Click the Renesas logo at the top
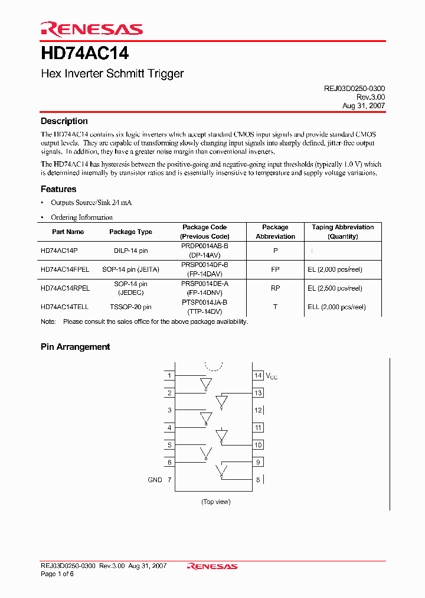pos(91,29)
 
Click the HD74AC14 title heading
pos(85,54)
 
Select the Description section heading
pos(64,121)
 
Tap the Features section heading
pos(58,189)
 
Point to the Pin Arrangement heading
pos(75,347)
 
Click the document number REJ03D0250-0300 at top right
pos(354,88)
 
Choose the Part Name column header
pos(68,232)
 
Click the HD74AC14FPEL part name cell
pos(65,269)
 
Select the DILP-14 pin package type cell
pos(130,251)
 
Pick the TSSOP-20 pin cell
pos(130,307)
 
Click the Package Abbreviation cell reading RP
pos(275,288)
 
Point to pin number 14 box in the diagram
pos(258,375)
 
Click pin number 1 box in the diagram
pos(170,375)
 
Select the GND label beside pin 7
pos(155,480)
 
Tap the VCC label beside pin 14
pos(272,376)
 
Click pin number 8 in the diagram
pos(258,480)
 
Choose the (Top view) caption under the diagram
pos(215,502)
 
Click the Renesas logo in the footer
pos(212,566)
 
